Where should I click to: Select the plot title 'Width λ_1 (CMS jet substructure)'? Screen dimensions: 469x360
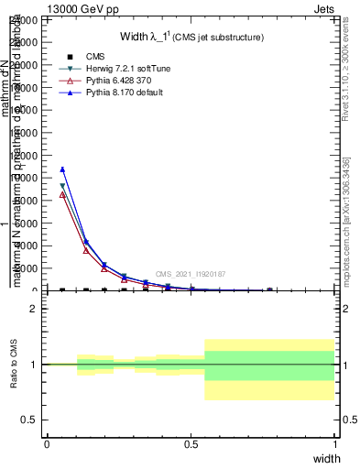click(x=191, y=37)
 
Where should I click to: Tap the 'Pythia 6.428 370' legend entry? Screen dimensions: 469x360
click(x=106, y=81)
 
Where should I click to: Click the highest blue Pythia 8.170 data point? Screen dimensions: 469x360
click(x=62, y=169)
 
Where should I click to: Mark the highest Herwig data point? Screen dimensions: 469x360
click(x=62, y=186)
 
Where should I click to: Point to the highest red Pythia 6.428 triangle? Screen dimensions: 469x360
click(x=62, y=195)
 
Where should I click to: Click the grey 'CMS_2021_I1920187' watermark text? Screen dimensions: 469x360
click(x=190, y=274)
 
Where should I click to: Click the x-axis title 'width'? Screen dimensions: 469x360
click(x=326, y=458)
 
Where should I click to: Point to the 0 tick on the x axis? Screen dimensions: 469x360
click(x=47, y=443)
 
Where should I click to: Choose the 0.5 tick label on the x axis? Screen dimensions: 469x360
click(x=191, y=443)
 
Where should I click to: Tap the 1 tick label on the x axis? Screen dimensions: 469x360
click(x=334, y=443)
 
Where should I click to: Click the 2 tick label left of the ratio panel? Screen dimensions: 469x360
click(x=34, y=309)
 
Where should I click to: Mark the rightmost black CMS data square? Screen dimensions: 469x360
click(x=269, y=290)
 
